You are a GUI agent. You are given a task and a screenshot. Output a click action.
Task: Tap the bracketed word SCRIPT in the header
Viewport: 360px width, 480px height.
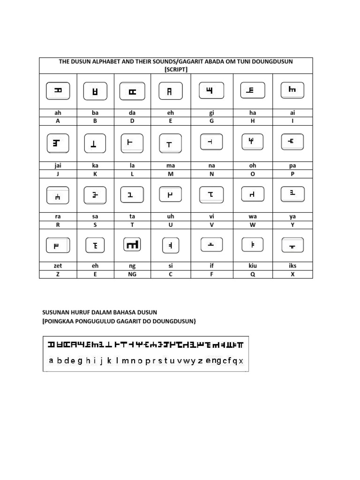tap(176, 69)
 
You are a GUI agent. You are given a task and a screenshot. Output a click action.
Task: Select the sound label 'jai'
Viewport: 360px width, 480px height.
tap(58, 165)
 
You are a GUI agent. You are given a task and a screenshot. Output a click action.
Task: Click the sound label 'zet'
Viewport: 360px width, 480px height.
tap(58, 266)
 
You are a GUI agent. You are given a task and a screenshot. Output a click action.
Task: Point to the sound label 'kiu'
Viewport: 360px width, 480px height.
tap(253, 266)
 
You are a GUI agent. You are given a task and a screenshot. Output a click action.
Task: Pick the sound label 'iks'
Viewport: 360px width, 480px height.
tap(292, 266)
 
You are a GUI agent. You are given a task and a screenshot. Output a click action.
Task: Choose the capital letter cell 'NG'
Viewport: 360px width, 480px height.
tap(132, 274)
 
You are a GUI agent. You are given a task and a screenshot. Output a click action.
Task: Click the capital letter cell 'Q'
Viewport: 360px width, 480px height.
tap(253, 274)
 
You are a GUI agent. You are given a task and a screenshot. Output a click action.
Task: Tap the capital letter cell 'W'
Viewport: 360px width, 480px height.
tap(253, 225)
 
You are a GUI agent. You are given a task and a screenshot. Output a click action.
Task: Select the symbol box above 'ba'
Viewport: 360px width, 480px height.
tap(95, 91)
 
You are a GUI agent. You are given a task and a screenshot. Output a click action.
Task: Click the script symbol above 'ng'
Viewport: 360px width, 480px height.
tap(132, 244)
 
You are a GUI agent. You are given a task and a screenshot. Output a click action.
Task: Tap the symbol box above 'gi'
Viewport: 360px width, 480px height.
tap(211, 90)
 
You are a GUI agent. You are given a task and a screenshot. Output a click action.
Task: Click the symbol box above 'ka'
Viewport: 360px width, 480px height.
tap(95, 144)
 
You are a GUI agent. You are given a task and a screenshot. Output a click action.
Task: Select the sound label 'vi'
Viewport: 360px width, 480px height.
tap(211, 217)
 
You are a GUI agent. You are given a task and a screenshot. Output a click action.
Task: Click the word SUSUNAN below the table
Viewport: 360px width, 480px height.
tap(55, 312)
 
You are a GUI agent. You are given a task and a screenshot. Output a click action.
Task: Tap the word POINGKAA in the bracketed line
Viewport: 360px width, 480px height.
tap(60, 321)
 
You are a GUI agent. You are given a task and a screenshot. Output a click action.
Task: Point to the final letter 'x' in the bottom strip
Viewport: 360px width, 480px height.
tap(241, 361)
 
